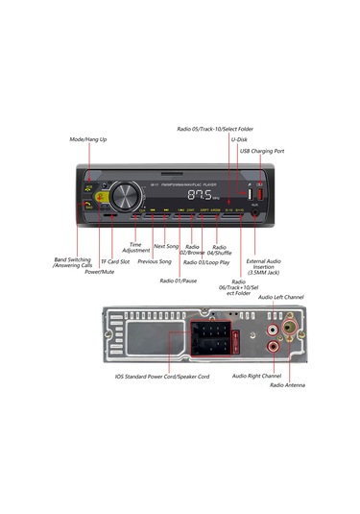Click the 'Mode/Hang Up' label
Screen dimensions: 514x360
click(88, 139)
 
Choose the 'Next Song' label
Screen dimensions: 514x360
click(166, 247)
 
